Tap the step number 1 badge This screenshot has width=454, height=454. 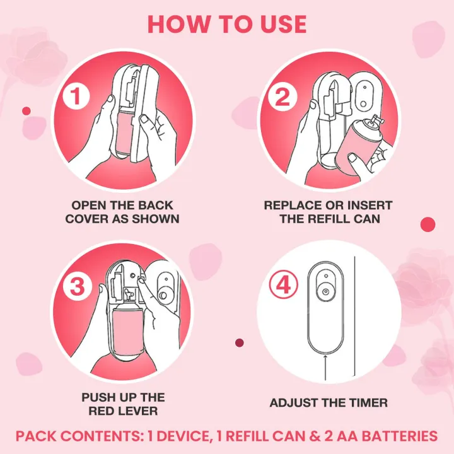click(x=76, y=95)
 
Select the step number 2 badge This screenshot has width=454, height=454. click(x=282, y=96)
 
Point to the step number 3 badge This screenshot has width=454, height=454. click(x=78, y=287)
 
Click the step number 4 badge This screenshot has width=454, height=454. click(x=283, y=285)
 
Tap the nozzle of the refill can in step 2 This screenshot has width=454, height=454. click(x=376, y=120)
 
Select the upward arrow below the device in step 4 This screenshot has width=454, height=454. click(x=325, y=367)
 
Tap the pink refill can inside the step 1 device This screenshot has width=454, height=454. click(x=124, y=132)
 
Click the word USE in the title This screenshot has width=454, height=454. click(x=283, y=25)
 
